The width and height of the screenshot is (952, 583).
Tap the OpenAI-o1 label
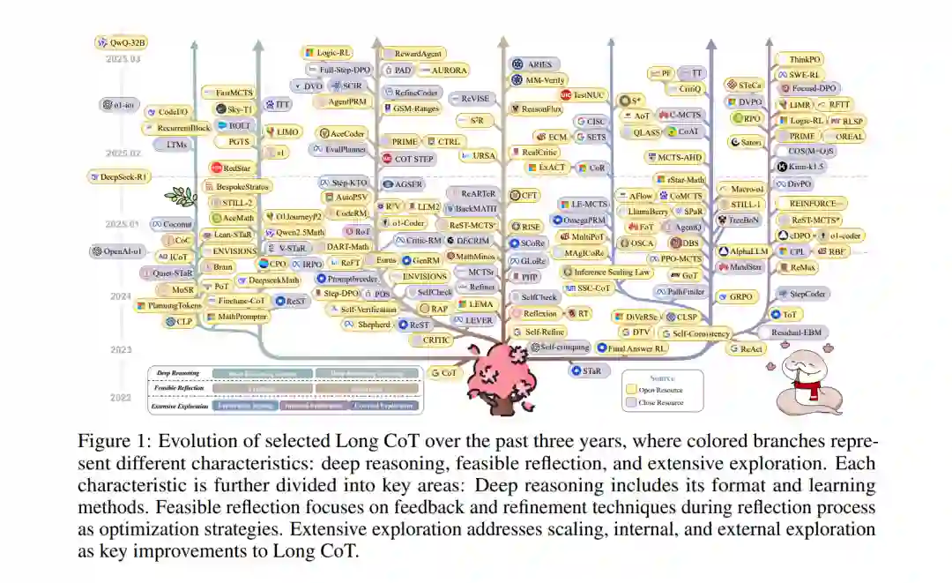tap(115, 251)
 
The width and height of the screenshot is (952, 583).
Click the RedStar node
tap(233, 168)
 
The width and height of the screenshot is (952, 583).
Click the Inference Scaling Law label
tap(606, 273)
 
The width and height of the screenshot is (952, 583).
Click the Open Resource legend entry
tap(661, 390)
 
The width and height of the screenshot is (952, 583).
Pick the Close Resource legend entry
tap(661, 403)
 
